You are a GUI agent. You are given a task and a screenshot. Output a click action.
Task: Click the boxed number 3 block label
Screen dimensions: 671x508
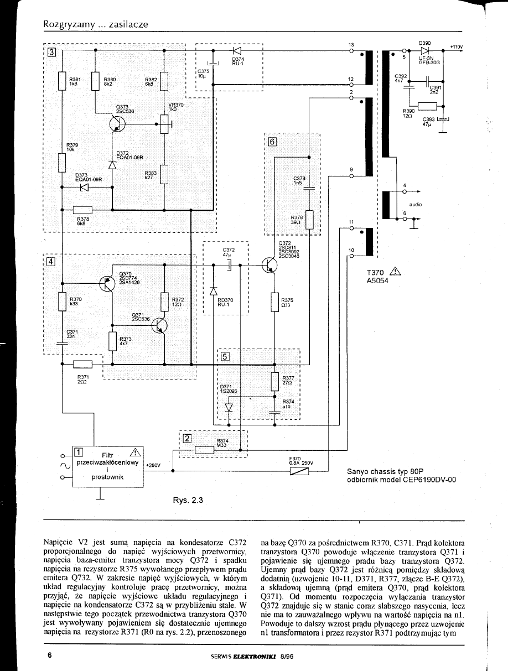(51, 53)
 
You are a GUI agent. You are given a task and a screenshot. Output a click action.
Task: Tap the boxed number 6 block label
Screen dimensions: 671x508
(272, 141)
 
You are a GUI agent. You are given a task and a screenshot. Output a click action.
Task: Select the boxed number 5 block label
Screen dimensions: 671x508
(225, 356)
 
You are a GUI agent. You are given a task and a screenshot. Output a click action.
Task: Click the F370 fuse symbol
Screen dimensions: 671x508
(299, 471)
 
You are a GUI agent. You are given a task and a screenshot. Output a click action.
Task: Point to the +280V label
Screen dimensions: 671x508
(152, 466)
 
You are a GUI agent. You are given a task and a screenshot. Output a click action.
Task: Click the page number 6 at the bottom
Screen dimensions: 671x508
(49, 655)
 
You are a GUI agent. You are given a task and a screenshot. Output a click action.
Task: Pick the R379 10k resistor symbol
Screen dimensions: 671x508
(62, 163)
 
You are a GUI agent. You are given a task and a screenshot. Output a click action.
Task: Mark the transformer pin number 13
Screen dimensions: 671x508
(350, 44)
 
